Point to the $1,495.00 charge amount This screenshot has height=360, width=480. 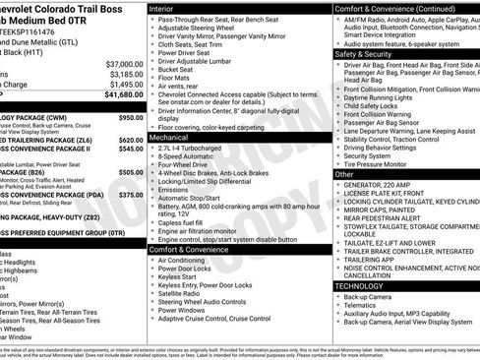tap(124, 85)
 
